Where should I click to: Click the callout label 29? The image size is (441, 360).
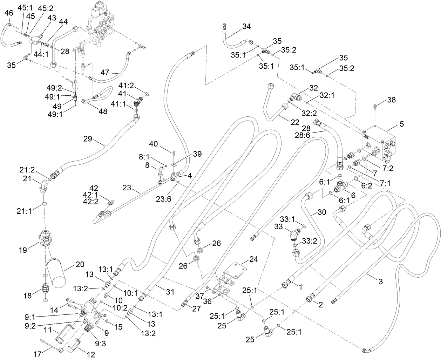click(88, 139)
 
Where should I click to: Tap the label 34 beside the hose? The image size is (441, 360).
click(246, 26)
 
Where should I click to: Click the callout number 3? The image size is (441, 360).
click(380, 281)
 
